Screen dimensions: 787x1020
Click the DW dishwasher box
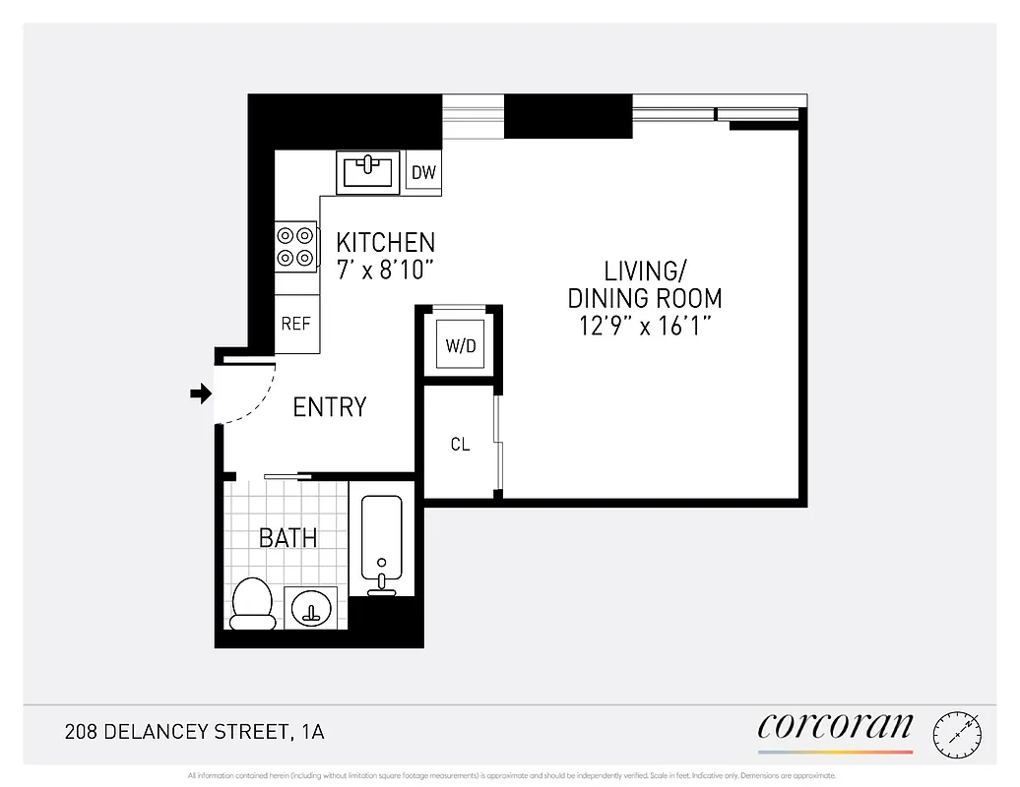tap(423, 173)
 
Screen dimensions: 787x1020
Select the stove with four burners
tap(296, 246)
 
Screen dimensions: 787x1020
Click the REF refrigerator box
tap(296, 324)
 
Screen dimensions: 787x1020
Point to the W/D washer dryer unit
tap(461, 345)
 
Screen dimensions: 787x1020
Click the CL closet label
tap(460, 445)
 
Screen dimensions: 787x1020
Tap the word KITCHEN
tap(385, 242)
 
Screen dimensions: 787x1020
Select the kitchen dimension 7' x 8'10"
tap(385, 270)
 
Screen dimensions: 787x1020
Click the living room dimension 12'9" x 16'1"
tap(645, 326)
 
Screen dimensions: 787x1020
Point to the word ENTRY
tap(330, 406)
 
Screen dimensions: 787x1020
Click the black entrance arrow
tap(201, 393)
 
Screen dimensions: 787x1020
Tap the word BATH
tap(287, 538)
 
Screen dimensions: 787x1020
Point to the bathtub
tap(381, 541)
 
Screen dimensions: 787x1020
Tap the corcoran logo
tap(835, 727)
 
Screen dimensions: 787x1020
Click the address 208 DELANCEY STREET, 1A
tap(194, 732)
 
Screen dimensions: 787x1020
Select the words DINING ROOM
tap(645, 298)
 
